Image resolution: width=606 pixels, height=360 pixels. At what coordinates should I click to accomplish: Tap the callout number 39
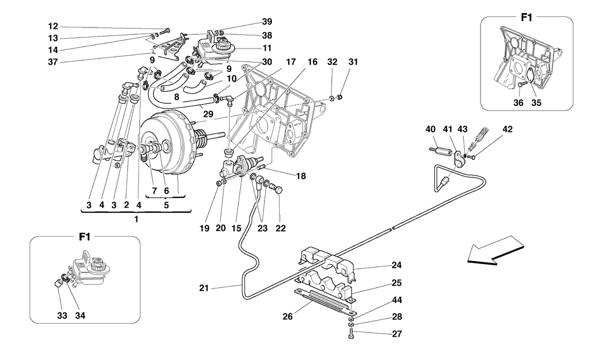tap(267, 22)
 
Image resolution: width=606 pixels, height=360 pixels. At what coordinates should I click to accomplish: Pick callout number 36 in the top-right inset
tap(519, 103)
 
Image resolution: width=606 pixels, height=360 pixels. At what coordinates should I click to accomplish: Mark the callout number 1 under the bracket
tap(136, 219)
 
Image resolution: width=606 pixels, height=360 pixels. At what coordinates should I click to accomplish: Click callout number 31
tap(353, 62)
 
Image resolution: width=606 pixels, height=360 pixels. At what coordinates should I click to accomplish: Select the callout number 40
tap(432, 129)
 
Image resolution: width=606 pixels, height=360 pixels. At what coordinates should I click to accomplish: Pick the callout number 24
tap(396, 266)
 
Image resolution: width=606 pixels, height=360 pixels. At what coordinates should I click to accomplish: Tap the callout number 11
tap(267, 49)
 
